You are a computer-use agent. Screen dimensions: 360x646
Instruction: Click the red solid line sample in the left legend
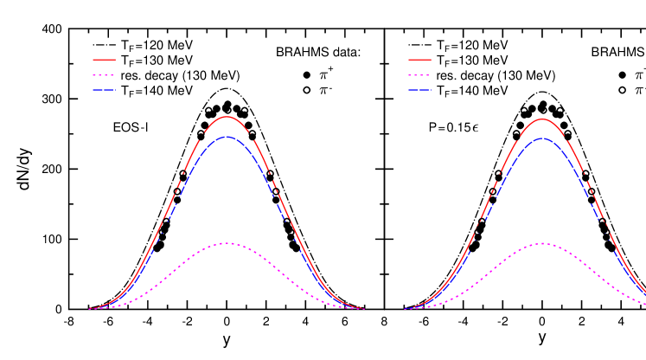pyautogui.click(x=104, y=60)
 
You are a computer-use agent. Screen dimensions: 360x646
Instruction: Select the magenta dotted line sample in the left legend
pyautogui.click(x=104, y=75)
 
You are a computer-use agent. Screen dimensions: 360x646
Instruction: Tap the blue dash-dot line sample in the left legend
pyautogui.click(x=104, y=90)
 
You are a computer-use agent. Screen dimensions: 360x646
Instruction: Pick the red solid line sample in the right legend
pyautogui.click(x=419, y=60)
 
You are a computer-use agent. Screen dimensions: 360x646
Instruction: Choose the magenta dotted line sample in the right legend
pyautogui.click(x=419, y=75)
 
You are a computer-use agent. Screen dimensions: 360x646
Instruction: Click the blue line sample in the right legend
pyautogui.click(x=419, y=90)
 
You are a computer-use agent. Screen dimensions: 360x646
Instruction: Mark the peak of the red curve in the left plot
pyautogui.click(x=227, y=116)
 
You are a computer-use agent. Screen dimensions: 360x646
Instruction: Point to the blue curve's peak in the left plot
pyautogui.click(x=227, y=137)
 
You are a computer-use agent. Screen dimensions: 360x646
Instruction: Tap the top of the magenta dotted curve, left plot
pyautogui.click(x=227, y=243)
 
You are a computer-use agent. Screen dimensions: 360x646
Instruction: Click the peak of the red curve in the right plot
pyautogui.click(x=542, y=119)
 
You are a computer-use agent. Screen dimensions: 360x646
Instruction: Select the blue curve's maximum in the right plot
pyautogui.click(x=542, y=138)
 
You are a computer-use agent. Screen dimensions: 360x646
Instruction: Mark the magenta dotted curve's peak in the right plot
pyautogui.click(x=542, y=243)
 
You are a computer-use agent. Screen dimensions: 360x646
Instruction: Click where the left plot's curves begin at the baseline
pyautogui.click(x=89, y=309)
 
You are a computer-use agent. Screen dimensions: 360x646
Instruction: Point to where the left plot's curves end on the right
pyautogui.click(x=364, y=309)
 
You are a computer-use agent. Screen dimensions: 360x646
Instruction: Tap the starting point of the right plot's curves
pyautogui.click(x=405, y=309)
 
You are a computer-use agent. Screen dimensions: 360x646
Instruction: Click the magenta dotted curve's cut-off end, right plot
pyautogui.click(x=644, y=303)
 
